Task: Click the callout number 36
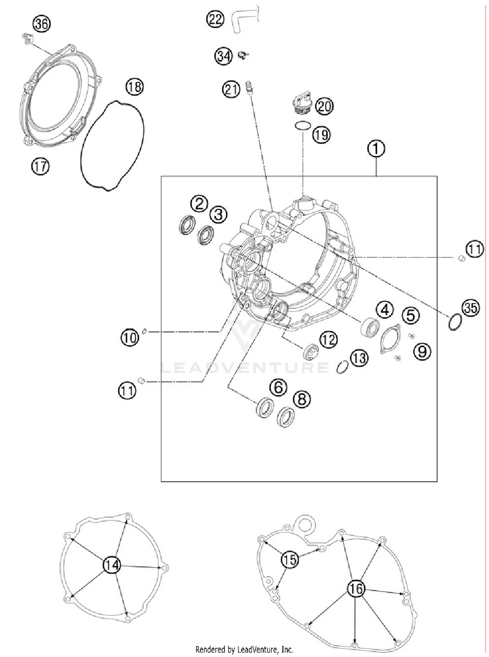pyautogui.click(x=41, y=24)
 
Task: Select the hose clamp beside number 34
pyautogui.click(x=242, y=55)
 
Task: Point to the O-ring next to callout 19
pyautogui.click(x=303, y=125)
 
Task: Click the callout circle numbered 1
pyautogui.click(x=376, y=149)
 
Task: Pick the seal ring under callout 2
pyautogui.click(x=187, y=225)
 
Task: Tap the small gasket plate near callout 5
pyautogui.click(x=391, y=339)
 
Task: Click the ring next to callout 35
pyautogui.click(x=455, y=322)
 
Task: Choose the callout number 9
pyautogui.click(x=422, y=351)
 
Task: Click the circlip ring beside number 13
pyautogui.click(x=342, y=367)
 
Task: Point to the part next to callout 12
pyautogui.click(x=310, y=352)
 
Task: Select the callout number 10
pyautogui.click(x=130, y=338)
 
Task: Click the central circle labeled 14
pyautogui.click(x=112, y=565)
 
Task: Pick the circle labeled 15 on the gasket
pyautogui.click(x=289, y=560)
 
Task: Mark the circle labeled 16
pyautogui.click(x=356, y=589)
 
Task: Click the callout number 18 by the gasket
pyautogui.click(x=134, y=87)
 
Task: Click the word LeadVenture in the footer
pyautogui.click(x=255, y=650)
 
